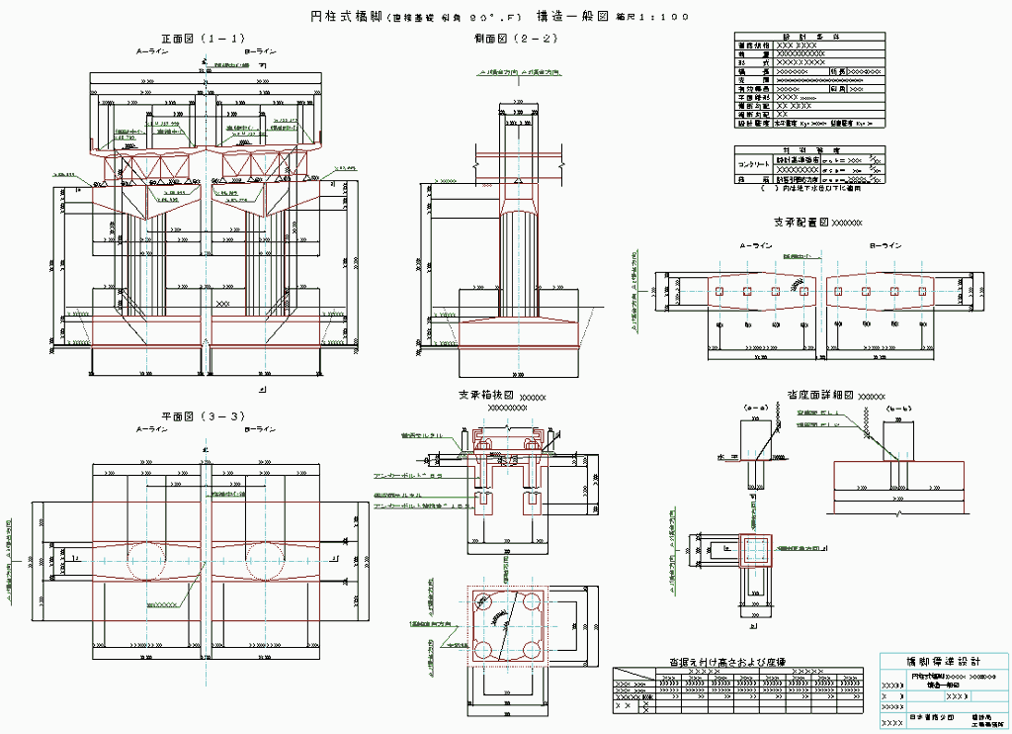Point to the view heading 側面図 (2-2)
[x=519, y=39]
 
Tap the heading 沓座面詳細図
[x=821, y=394]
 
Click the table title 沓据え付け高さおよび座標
[x=727, y=660]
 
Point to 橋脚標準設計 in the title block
[x=943, y=661]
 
